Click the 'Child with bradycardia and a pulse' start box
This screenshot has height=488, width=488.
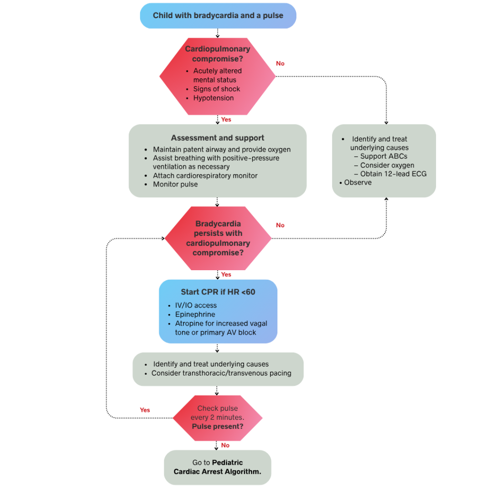tap(218, 16)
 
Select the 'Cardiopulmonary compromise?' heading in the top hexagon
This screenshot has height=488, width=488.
tap(217, 54)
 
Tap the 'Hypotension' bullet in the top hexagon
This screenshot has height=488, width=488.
tap(213, 98)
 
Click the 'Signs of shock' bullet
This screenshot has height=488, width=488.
tap(216, 89)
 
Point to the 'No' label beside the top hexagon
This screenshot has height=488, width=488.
tap(280, 63)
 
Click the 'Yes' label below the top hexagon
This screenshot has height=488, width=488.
tap(226, 120)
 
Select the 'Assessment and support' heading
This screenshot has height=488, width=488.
tap(217, 138)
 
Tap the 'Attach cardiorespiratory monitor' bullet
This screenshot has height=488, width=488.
tap(205, 175)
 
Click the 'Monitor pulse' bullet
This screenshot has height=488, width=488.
tap(175, 184)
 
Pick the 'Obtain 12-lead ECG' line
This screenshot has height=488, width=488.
tap(393, 174)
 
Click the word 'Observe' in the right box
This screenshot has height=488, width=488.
tap(357, 183)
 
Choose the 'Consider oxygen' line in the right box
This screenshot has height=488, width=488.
tap(387, 165)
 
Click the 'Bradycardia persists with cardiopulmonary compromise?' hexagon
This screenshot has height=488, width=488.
tap(218, 238)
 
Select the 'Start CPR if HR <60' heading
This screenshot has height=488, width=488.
tap(218, 292)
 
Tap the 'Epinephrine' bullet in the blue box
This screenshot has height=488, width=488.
tap(195, 315)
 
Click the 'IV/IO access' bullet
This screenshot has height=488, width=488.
tap(195, 305)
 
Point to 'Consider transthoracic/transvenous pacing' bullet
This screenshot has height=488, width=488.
tap(221, 373)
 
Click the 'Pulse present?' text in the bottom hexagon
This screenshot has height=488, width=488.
tap(217, 426)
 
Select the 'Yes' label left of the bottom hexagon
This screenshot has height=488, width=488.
tap(145, 410)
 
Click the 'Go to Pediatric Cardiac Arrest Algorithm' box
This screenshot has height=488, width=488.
tap(217, 467)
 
